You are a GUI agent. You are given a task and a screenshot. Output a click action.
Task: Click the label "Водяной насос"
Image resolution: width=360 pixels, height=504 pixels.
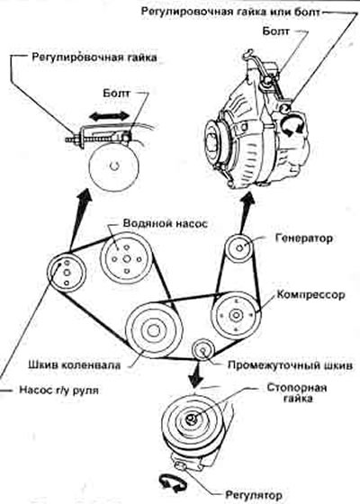166,224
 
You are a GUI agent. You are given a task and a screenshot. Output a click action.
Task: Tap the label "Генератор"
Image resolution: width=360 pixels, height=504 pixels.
304,238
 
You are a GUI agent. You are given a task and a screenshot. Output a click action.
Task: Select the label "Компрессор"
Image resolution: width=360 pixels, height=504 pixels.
310,295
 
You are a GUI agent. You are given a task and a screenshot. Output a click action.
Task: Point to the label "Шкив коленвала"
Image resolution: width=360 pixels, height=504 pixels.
75,364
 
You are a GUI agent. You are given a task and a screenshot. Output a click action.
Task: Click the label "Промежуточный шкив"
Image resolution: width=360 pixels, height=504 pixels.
290,365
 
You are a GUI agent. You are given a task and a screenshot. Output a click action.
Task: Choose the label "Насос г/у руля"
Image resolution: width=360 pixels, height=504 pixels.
59,390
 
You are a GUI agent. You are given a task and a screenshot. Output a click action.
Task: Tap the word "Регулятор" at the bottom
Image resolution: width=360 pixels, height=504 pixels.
254,495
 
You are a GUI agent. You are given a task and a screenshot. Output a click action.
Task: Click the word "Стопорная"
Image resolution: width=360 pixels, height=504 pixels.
297,387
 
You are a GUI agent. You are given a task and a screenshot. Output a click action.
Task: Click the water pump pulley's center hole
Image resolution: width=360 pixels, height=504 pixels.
127,259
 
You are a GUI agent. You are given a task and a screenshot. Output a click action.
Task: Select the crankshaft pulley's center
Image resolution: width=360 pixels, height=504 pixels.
154,330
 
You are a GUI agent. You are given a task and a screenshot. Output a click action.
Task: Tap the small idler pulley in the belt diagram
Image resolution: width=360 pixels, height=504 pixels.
203,350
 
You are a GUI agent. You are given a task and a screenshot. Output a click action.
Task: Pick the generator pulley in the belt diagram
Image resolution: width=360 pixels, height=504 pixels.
239,248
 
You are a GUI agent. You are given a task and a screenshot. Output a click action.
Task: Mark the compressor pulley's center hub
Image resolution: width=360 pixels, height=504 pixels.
236,315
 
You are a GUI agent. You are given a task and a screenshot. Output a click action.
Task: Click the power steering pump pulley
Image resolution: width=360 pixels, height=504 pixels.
67,273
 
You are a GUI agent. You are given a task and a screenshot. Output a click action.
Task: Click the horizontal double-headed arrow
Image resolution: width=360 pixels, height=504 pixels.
109,116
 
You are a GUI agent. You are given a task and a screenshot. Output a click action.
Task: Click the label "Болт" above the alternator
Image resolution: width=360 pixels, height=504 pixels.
275,31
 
